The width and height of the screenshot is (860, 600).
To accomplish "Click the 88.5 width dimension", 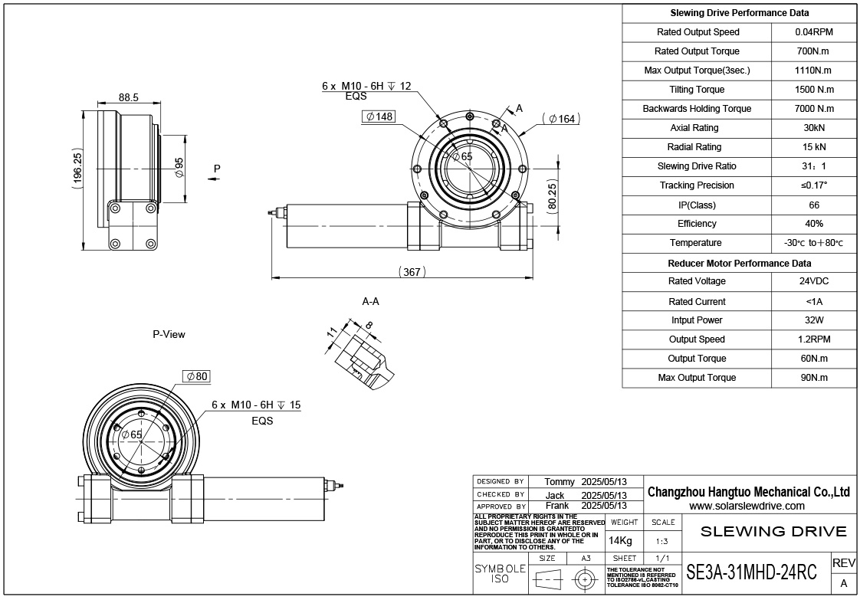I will tap(128, 97).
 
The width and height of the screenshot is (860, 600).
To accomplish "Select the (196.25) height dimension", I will tap(77, 169).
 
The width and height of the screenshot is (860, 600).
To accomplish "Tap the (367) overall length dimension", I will tap(412, 272).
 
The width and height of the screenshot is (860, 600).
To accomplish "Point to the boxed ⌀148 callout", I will tap(379, 116).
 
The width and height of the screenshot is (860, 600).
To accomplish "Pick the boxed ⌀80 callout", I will tap(197, 376).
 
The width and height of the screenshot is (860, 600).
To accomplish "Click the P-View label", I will tap(169, 334).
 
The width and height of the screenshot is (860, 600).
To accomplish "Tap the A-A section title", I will tap(371, 301).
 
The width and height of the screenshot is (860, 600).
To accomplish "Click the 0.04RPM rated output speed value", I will tap(813, 32).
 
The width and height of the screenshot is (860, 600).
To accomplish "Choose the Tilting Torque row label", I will tap(697, 90).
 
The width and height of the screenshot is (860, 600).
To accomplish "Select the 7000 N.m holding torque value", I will tap(813, 109).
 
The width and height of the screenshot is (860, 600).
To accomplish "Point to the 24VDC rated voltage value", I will tap(813, 281).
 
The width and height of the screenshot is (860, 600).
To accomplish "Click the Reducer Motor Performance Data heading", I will tap(739, 263).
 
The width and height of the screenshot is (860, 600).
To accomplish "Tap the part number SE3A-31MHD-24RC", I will tap(751, 572).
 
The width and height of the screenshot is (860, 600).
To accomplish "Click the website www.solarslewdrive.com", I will tap(747, 506).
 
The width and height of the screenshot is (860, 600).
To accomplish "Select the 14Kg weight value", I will tap(620, 541).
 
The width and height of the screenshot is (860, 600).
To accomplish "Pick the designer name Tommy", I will tap(559, 481).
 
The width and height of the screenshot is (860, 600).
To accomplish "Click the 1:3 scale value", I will tap(663, 541).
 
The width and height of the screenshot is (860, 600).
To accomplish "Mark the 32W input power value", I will tap(813, 320).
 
